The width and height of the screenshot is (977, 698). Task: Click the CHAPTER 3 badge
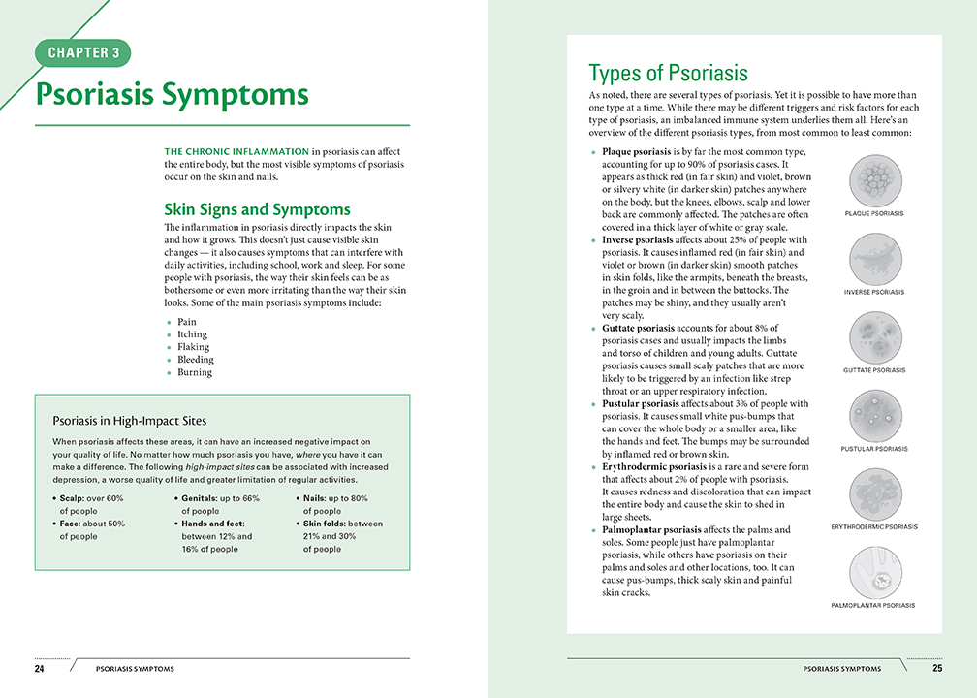click(82, 52)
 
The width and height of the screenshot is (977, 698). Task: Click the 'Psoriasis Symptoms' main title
click(172, 95)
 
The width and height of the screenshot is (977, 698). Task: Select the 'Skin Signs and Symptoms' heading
click(257, 209)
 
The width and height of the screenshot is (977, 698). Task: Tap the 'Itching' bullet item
click(192, 334)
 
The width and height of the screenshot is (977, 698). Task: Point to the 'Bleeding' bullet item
click(195, 360)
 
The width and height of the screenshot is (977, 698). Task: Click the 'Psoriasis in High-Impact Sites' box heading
click(129, 421)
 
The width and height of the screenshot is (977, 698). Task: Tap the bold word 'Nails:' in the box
click(318, 498)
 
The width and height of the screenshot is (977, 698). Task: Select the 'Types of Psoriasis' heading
click(668, 74)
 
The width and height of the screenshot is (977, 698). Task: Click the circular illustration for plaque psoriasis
click(873, 179)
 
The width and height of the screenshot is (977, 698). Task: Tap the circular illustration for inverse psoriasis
click(873, 258)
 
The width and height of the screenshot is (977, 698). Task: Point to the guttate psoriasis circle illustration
click(873, 336)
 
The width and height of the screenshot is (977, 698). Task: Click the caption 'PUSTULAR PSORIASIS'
click(873, 449)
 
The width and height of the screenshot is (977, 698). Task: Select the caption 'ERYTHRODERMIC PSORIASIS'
click(873, 527)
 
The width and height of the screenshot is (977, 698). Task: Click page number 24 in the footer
click(39, 669)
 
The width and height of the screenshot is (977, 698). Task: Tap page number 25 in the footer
click(937, 669)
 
